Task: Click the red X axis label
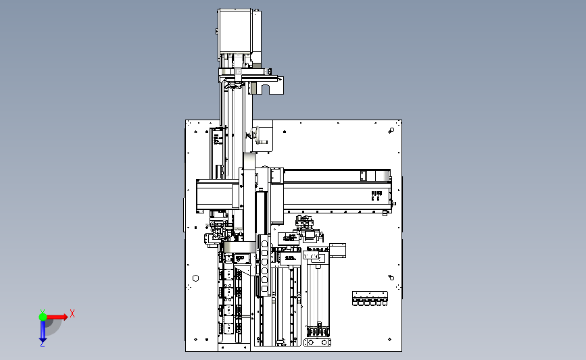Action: tap(72, 313)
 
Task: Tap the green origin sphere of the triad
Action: tap(43, 317)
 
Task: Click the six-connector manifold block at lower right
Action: tap(370, 299)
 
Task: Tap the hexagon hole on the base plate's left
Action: tap(195, 278)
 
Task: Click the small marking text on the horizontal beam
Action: tap(376, 195)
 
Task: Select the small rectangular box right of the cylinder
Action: tap(337, 250)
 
